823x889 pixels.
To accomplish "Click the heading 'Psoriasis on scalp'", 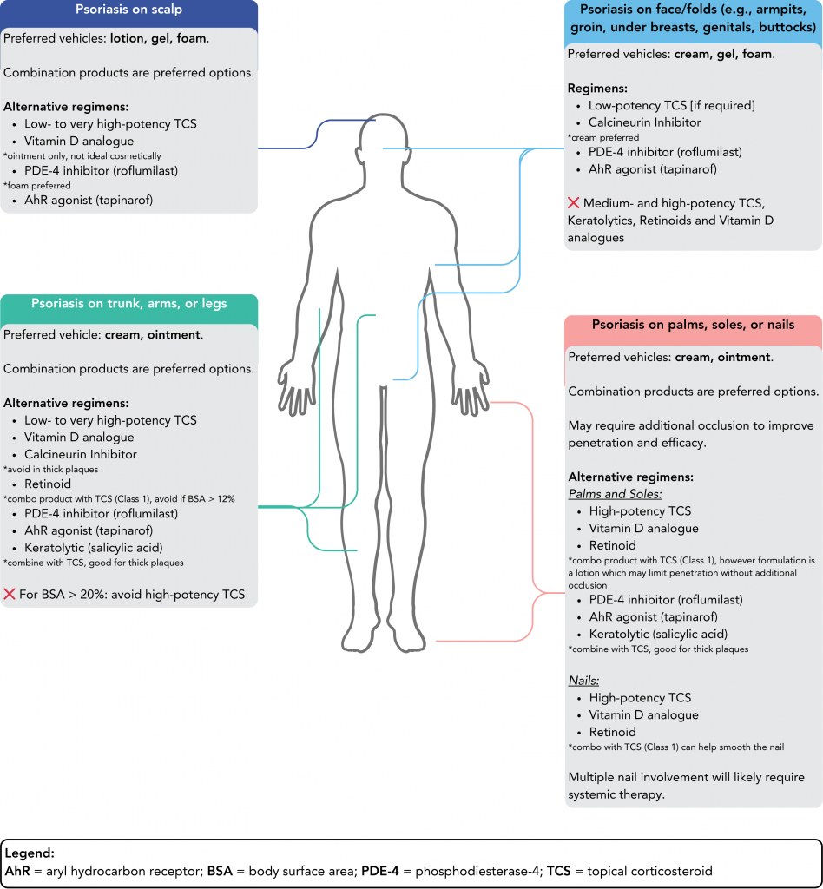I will coord(128,11).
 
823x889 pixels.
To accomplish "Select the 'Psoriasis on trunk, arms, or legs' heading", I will coord(128,304).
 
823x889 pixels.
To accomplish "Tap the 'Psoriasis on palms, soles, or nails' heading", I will coord(693,326).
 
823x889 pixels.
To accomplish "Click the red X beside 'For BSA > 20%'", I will coord(10,595).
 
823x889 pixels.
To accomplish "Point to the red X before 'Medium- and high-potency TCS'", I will coord(574,203).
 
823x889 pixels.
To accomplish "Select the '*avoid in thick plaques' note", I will coord(51,469).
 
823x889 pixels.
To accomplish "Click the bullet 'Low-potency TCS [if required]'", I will coord(671,105).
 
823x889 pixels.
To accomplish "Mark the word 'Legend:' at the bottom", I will coord(30,853).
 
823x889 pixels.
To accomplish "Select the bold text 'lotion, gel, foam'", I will coord(159,39).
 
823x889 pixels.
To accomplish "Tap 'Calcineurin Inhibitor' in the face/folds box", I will coord(644,122).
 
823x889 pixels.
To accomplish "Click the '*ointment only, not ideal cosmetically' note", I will coord(82,156).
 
